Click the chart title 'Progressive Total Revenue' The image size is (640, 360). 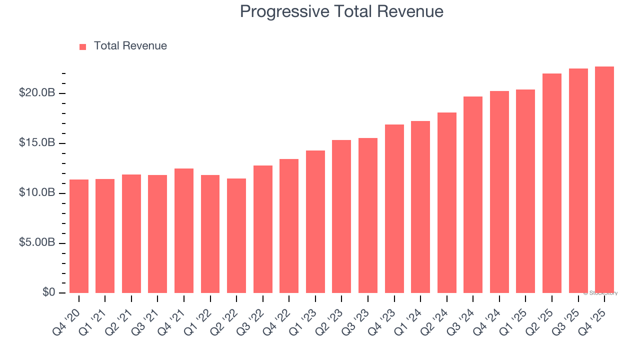[x=341, y=11]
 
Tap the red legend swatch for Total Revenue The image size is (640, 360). [x=83, y=46]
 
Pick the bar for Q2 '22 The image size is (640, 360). [x=236, y=235]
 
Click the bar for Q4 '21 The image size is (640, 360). [x=184, y=230]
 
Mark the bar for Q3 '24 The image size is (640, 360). [x=473, y=194]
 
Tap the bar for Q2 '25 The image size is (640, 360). [x=552, y=183]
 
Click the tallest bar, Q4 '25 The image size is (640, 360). [x=604, y=179]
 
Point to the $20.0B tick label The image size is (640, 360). [x=37, y=93]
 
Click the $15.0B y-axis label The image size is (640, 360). [x=37, y=143]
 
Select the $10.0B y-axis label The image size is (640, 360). [x=37, y=192]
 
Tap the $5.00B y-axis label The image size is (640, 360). [x=37, y=242]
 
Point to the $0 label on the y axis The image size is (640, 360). [x=48, y=292]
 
